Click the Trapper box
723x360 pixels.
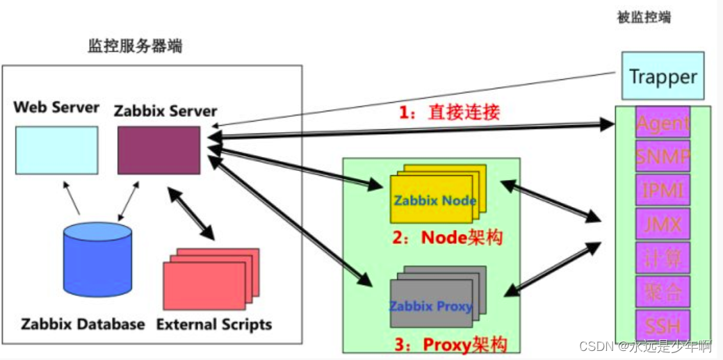663,76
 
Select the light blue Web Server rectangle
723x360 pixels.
56,149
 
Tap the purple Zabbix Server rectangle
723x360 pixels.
159,149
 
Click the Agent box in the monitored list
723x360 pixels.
663,123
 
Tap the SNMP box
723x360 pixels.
663,156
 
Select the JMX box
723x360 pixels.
663,224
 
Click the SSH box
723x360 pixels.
663,325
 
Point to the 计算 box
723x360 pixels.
663,258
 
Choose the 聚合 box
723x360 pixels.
663,291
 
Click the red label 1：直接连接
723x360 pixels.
449,112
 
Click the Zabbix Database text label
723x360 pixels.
83,325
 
